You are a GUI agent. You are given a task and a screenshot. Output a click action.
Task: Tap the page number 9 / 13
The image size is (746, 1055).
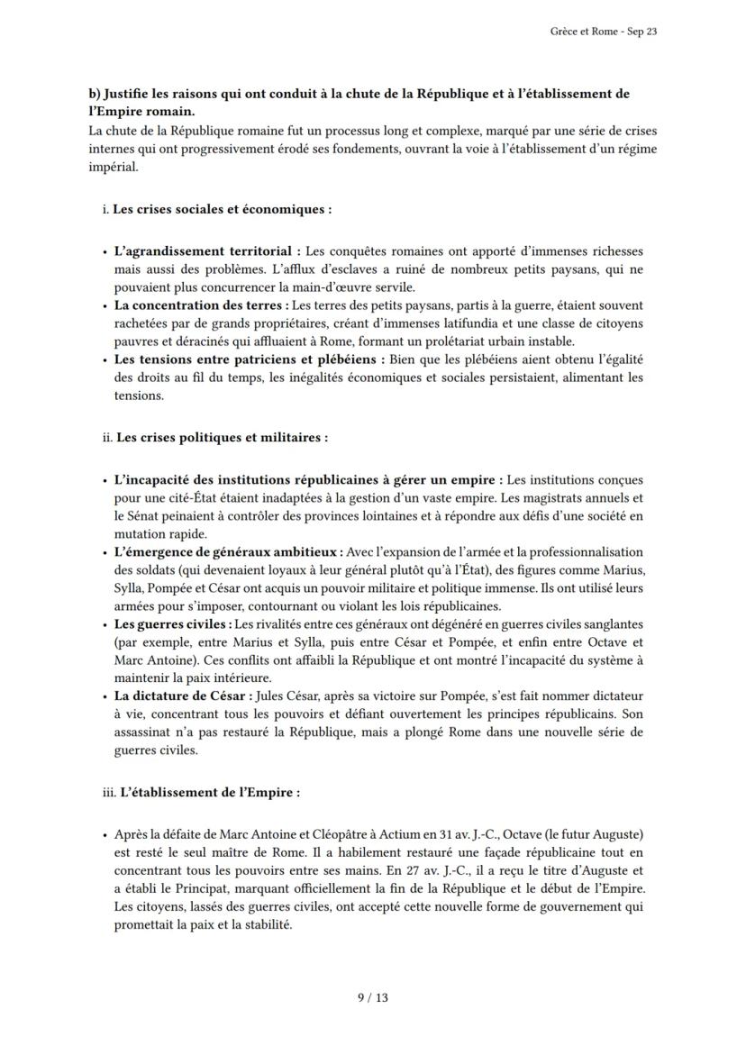(x=372, y=996)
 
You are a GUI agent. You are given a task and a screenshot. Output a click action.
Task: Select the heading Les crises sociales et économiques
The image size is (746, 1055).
(x=222, y=209)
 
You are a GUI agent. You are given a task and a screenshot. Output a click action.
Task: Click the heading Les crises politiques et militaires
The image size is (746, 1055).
(x=222, y=438)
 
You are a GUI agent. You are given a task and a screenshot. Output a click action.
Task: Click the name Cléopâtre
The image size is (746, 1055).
(x=363, y=834)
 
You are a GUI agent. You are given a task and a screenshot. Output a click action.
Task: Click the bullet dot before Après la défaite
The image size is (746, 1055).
(x=105, y=835)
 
